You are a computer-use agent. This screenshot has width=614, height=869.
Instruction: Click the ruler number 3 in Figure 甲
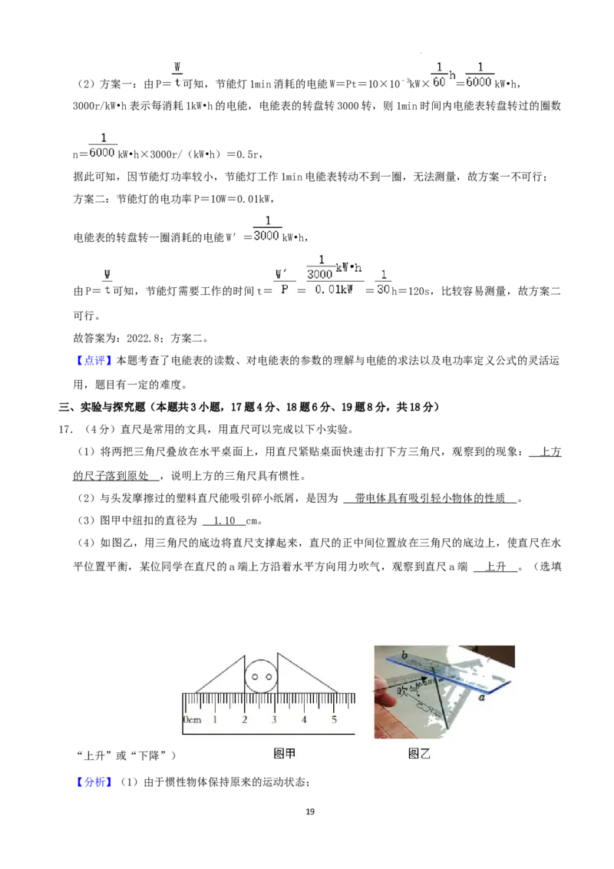point(274,719)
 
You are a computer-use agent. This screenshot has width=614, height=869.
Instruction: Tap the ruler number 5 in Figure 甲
point(334,719)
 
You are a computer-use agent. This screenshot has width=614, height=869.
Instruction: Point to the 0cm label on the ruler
point(192,720)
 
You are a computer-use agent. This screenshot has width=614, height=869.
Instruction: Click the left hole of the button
point(255,676)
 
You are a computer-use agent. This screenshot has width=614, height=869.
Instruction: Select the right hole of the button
point(269,676)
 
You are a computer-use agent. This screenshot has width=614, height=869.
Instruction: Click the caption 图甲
point(284,753)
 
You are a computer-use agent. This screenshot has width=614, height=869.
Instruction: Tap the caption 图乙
point(419,754)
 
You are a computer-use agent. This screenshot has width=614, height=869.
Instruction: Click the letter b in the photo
point(404,655)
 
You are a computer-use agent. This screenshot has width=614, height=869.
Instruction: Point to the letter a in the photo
point(481,697)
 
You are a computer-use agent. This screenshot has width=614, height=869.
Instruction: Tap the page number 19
point(310,811)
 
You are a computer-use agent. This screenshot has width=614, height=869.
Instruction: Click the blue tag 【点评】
point(93,360)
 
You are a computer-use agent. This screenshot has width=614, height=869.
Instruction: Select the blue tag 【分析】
point(93,782)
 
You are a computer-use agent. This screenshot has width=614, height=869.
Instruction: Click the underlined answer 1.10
point(224,521)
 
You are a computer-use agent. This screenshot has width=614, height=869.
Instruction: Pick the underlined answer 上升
point(496,567)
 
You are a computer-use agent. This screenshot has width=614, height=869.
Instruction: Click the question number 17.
point(65,430)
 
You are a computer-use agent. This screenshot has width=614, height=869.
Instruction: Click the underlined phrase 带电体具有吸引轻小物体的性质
point(430,498)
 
